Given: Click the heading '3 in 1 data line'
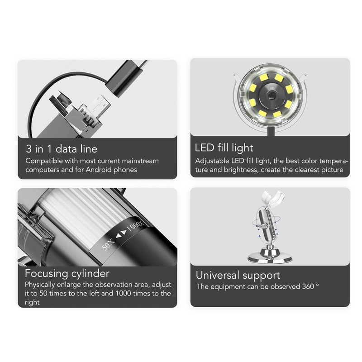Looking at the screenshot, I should click(x=61, y=148).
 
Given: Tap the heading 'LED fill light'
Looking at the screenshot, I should click(x=224, y=148).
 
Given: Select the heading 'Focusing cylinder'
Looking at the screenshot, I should click(x=67, y=273).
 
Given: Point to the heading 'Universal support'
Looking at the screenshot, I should click(x=238, y=275).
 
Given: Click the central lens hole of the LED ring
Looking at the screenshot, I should click(x=270, y=94).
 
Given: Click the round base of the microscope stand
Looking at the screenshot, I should click(x=270, y=259).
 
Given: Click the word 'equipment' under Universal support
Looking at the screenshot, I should click(x=229, y=286).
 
